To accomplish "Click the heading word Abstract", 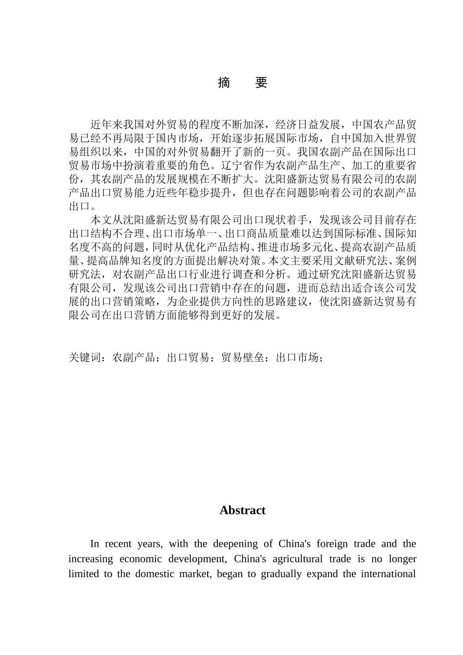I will pyautogui.click(x=242, y=510).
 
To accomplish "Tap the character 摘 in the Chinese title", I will pyautogui.click(x=224, y=83).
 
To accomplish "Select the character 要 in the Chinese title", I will pyautogui.click(x=261, y=83).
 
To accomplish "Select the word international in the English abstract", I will pyautogui.click(x=388, y=574).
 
